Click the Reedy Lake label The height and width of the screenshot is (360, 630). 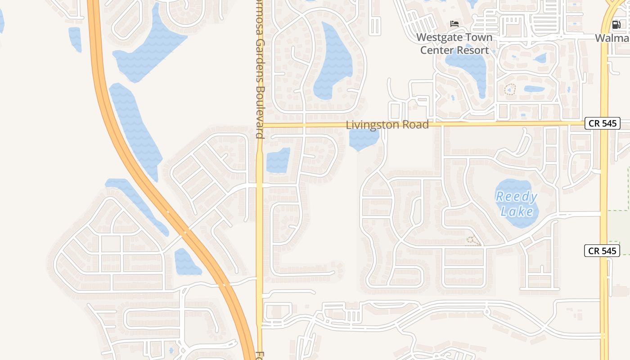pos(517,204)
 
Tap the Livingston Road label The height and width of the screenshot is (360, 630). pos(387,125)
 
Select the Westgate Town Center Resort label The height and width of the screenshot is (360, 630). pos(454,44)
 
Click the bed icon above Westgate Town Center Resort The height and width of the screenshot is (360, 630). pos(454,23)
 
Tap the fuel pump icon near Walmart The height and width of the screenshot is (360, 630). pos(616,24)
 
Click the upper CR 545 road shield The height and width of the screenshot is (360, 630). pos(602,123)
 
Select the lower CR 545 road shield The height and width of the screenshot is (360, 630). pos(602,251)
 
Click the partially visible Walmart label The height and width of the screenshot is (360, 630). pos(612,38)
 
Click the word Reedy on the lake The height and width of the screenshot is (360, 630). pos(517,197)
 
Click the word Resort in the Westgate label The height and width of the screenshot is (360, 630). pos(472,50)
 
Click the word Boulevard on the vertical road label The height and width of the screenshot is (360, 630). pos(259,113)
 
